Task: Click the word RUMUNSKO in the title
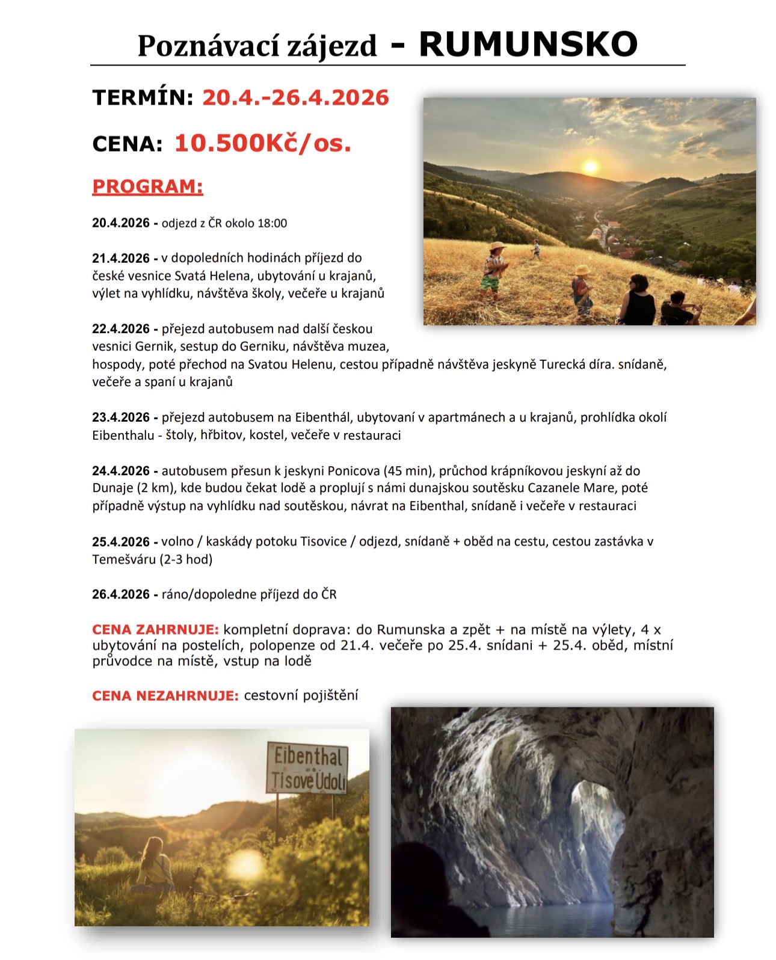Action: tap(528, 44)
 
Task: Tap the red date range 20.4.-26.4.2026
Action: tap(295, 97)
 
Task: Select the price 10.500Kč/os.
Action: tap(263, 143)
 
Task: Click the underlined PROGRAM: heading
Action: tap(147, 186)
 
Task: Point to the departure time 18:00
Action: tap(272, 223)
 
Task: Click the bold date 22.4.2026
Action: tap(121, 329)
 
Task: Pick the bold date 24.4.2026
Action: tap(121, 471)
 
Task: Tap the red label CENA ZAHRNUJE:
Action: tap(155, 630)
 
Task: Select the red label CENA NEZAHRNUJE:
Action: tap(165, 696)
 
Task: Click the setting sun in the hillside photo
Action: tap(590, 167)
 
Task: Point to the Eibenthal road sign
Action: tap(307, 768)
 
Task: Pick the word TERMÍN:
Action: tap(143, 97)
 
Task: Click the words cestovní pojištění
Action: tap(301, 696)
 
